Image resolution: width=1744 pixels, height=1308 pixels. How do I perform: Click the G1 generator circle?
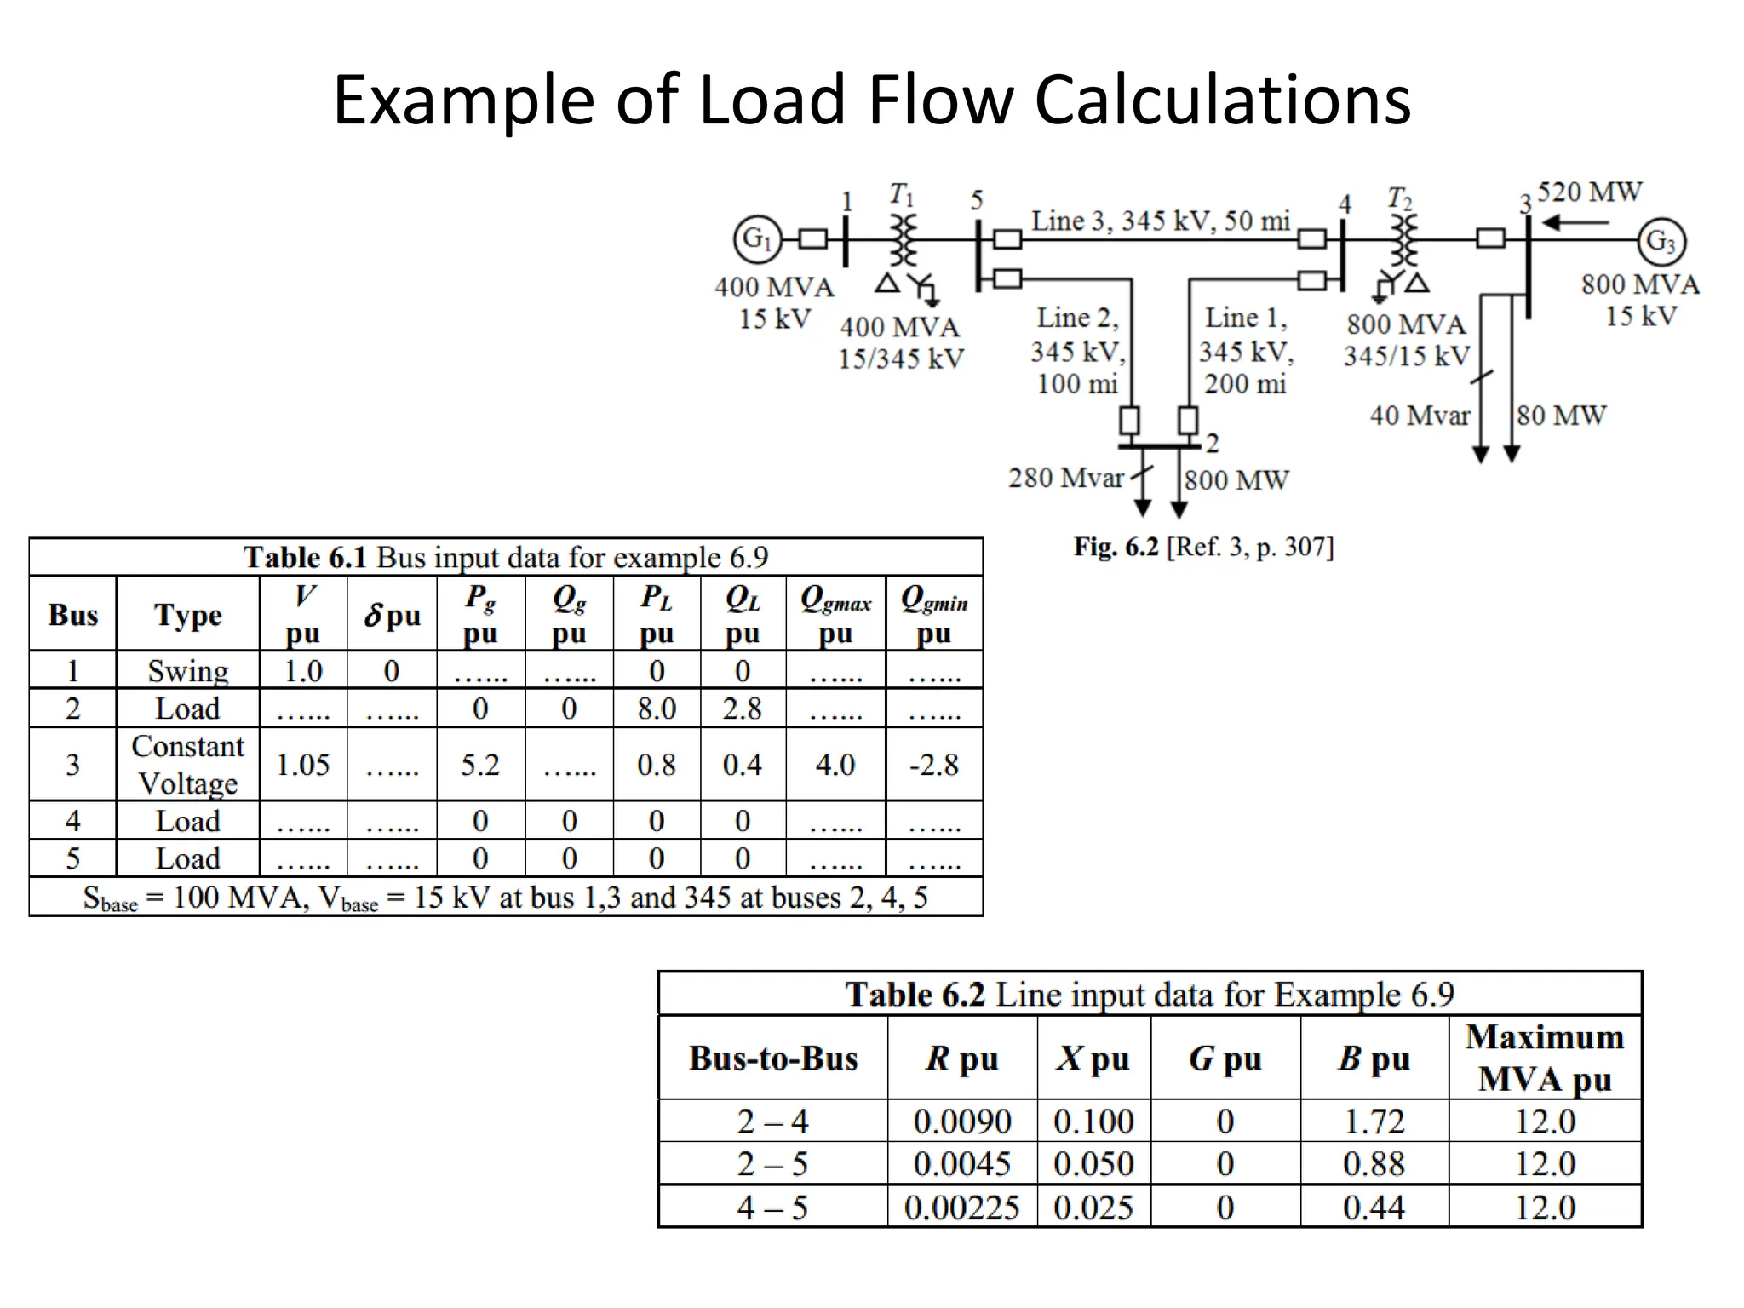click(757, 239)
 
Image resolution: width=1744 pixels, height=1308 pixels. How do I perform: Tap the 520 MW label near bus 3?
click(1589, 192)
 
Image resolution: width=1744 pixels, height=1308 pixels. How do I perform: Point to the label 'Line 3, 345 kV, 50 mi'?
click(1161, 221)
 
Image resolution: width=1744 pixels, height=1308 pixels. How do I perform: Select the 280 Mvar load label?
click(1065, 479)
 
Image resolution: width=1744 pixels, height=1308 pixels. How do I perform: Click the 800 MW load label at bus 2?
click(1236, 480)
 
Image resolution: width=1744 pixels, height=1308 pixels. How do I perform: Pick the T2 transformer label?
click(1399, 199)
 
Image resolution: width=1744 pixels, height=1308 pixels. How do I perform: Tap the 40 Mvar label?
click(1420, 416)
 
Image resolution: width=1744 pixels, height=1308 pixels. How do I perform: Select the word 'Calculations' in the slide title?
click(1223, 100)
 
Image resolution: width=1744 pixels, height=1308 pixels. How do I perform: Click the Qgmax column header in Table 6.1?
click(835, 615)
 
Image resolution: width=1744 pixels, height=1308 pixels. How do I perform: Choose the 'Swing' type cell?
click(188, 671)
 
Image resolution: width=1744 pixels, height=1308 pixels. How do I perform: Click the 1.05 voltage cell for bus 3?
click(303, 765)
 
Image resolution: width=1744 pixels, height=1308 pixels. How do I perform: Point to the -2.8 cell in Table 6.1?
click(933, 765)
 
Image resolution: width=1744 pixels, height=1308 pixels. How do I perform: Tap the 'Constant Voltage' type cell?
click(188, 765)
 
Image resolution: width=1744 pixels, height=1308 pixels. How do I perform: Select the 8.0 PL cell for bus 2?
click(657, 708)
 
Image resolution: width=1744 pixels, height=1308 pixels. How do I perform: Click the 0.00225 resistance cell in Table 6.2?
click(961, 1208)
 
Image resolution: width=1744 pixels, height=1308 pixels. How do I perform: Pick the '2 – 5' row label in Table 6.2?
click(772, 1164)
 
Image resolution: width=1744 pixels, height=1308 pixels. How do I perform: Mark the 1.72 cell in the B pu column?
click(1374, 1122)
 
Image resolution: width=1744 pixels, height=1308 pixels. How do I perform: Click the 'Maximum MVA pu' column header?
click(1544, 1058)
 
